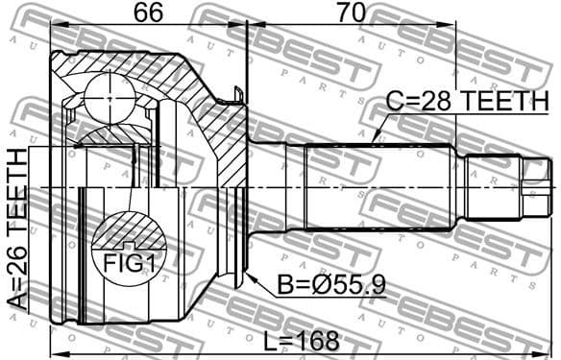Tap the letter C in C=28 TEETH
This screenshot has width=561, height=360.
coord(394,99)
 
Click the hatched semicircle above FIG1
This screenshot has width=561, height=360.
coord(125,230)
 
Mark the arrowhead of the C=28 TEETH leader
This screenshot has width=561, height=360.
coord(374,143)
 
